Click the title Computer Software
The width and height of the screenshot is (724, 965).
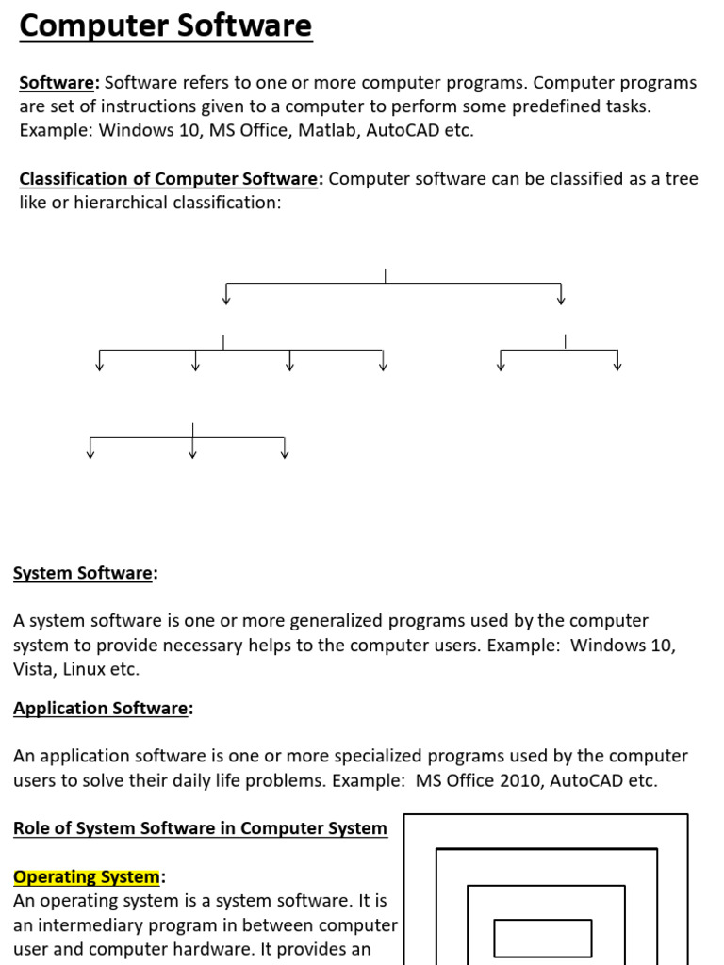point(165,26)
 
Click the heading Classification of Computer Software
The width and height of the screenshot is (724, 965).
point(170,179)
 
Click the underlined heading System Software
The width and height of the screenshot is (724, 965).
point(83,573)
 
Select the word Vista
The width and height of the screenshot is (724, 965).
point(35,670)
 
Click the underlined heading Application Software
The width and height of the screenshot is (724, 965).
point(101,709)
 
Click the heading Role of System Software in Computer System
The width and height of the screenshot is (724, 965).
point(200,828)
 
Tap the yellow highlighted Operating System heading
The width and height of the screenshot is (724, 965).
point(87,877)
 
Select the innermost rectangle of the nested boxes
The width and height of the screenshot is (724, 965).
point(542,938)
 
